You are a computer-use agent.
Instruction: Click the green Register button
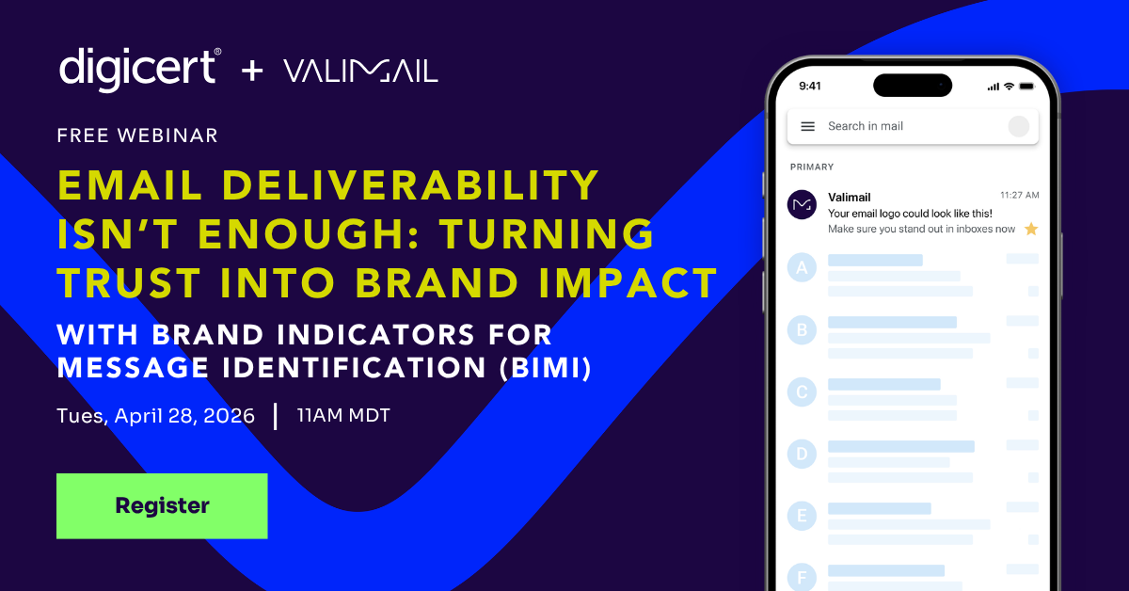(162, 505)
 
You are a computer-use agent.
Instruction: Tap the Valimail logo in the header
(361, 72)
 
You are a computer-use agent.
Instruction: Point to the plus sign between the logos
(252, 71)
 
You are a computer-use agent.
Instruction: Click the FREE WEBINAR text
(137, 136)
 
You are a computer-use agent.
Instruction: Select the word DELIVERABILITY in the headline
(410, 185)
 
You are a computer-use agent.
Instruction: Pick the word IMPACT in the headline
(628, 282)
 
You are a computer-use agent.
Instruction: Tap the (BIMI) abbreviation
(546, 367)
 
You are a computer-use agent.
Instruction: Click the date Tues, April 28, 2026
(156, 416)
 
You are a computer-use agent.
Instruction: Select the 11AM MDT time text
(343, 416)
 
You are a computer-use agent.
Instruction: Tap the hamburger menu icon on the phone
(808, 126)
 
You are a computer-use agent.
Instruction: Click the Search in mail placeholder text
(866, 126)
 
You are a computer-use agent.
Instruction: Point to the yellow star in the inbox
(1031, 229)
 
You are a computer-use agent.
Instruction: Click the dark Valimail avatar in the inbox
(802, 204)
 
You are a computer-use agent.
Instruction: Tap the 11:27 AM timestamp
(1020, 195)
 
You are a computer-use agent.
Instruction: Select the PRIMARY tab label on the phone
(812, 167)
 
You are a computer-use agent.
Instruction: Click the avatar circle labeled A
(802, 268)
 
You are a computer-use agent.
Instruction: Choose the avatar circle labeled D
(802, 454)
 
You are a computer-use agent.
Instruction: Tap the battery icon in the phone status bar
(1027, 87)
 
